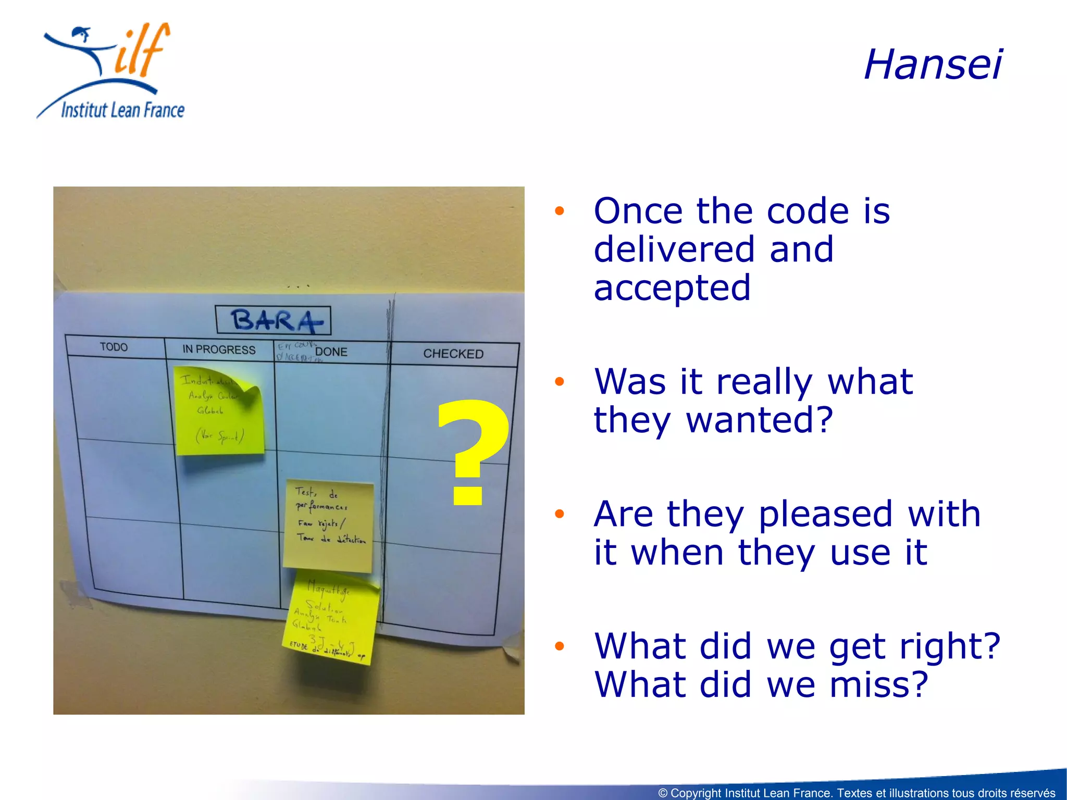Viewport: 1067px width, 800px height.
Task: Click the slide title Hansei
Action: pos(933,65)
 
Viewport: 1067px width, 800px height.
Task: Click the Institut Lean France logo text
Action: pos(122,110)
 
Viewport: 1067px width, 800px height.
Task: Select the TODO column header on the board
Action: pos(114,347)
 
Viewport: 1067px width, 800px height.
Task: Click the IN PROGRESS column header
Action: pos(219,349)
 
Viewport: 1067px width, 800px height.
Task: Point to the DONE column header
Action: pos(331,352)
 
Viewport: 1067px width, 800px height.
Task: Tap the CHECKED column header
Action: pos(453,354)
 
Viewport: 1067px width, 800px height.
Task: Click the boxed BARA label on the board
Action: pos(274,320)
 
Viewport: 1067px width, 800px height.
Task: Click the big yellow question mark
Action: pos(472,451)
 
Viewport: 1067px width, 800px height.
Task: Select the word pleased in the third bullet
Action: pos(826,514)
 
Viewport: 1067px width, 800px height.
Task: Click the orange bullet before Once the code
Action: pos(560,211)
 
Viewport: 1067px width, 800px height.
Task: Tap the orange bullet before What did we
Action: pos(560,646)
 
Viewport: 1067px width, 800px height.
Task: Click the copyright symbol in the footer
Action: pos(663,793)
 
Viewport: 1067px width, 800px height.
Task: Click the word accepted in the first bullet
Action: pos(672,287)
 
